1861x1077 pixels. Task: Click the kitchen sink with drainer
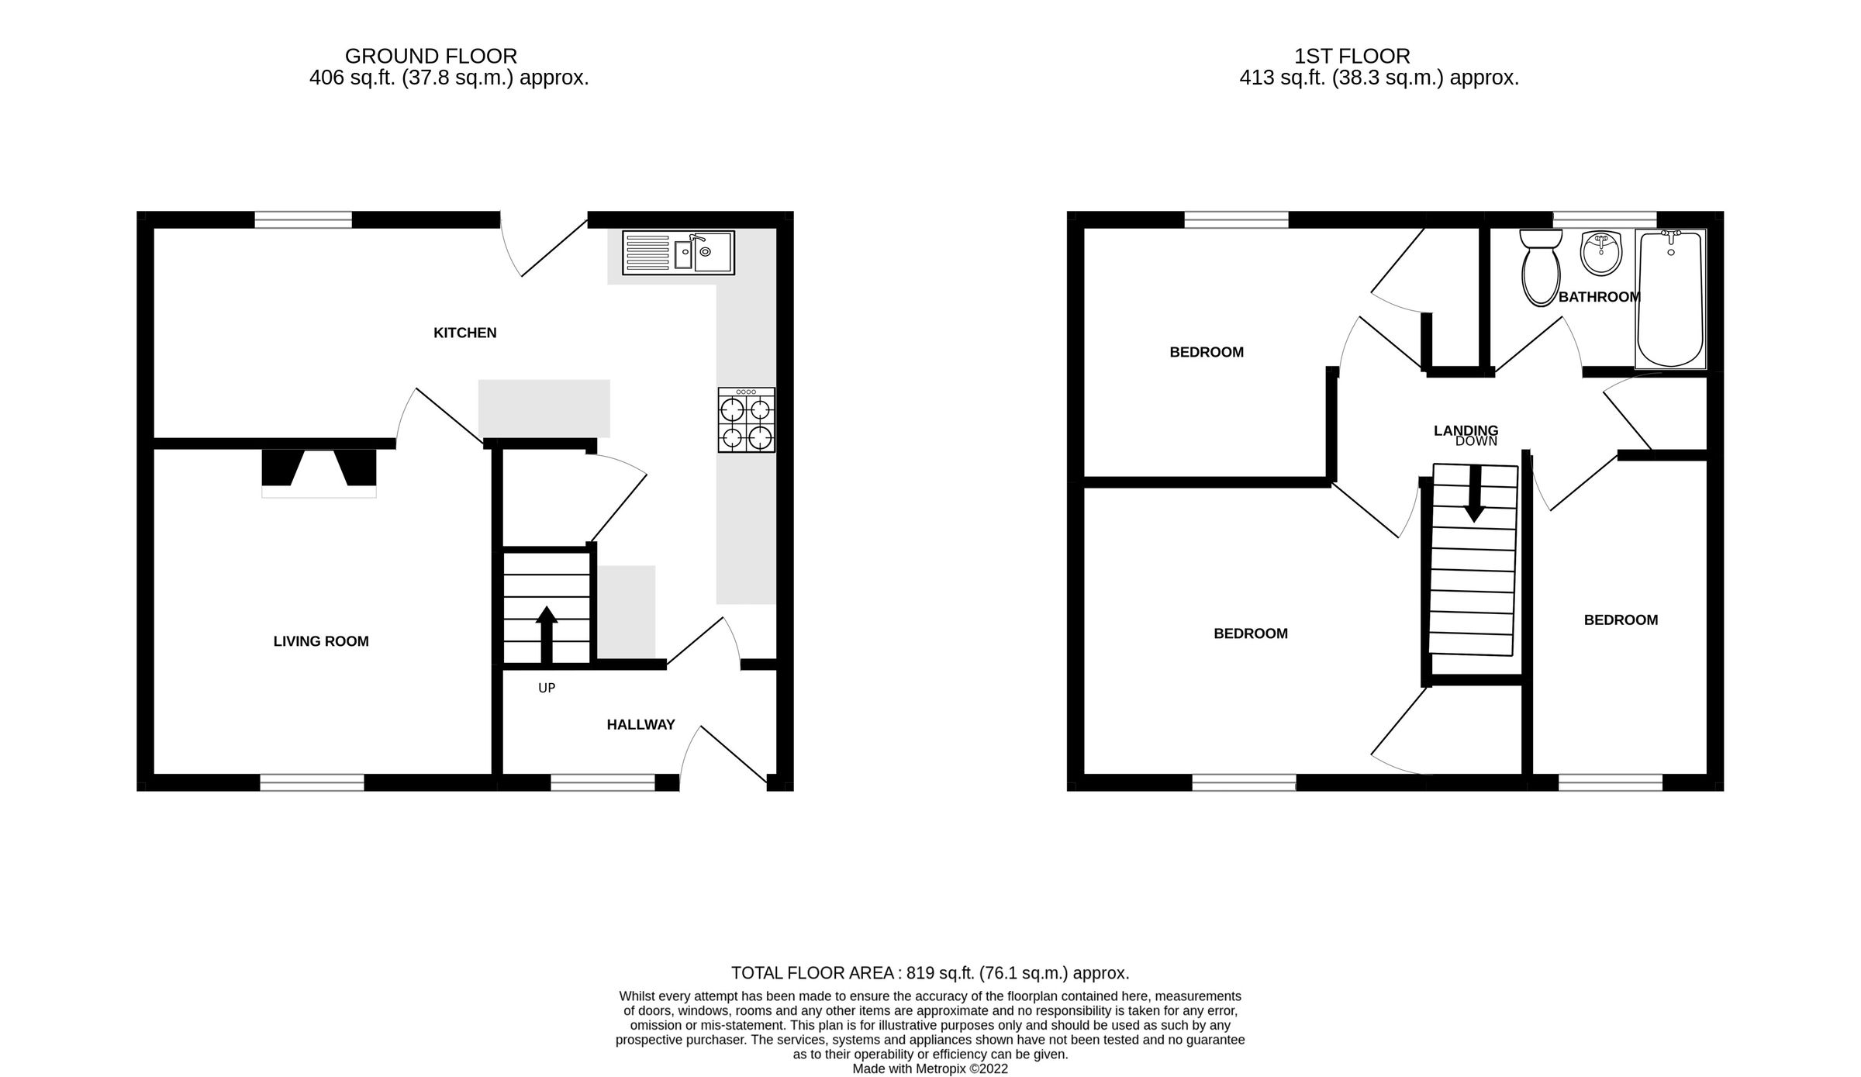point(678,252)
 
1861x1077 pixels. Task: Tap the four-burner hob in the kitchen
point(746,420)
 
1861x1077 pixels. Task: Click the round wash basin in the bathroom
point(1600,253)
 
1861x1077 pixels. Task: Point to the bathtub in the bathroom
point(1670,299)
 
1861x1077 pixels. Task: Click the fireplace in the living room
point(319,471)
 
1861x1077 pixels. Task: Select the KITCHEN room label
point(464,333)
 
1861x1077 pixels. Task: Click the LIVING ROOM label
point(321,641)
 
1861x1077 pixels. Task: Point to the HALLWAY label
point(640,725)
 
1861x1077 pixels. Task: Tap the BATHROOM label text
point(1599,297)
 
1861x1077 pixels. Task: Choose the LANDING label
point(1466,430)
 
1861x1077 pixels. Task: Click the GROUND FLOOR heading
point(430,56)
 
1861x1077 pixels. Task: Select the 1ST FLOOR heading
point(1352,56)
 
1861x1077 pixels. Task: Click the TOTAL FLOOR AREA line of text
point(930,973)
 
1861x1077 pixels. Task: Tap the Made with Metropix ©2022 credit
point(930,1068)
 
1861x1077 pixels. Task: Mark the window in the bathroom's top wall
point(1604,220)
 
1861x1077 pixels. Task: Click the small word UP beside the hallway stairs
point(547,688)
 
